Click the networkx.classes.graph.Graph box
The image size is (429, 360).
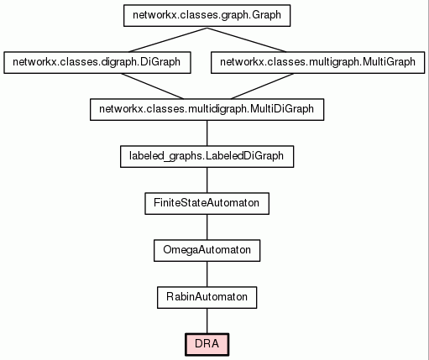[x=207, y=16]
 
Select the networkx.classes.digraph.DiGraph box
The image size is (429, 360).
[x=97, y=63]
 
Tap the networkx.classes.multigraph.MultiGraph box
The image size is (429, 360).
[x=317, y=63]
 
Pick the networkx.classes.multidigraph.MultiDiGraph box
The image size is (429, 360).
[x=207, y=110]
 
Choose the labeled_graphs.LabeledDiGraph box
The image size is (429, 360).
[x=207, y=157]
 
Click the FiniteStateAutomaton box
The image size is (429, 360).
[x=207, y=204]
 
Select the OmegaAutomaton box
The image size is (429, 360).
[x=207, y=251]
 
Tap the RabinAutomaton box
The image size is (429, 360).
[x=207, y=298]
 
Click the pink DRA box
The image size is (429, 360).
[x=207, y=345]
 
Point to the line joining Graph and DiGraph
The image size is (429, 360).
[x=168, y=39]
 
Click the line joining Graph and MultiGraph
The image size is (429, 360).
[x=247, y=39]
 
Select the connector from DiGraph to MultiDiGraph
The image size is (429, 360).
[x=152, y=86]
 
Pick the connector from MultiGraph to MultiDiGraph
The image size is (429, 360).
[x=262, y=86]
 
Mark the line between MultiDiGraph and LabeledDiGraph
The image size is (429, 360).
[x=207, y=133]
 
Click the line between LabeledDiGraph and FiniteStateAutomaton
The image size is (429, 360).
[x=207, y=180]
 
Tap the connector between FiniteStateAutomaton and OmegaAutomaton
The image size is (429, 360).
[x=207, y=227]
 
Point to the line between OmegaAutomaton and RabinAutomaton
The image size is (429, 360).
[x=207, y=274]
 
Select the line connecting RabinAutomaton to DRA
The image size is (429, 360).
[x=207, y=321]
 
